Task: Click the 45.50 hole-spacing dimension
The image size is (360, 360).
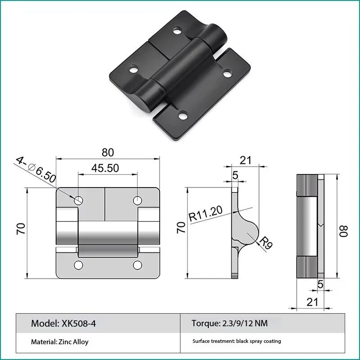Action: (x=105, y=168)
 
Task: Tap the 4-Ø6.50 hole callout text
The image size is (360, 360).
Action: (x=36, y=170)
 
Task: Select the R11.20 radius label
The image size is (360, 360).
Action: (x=206, y=213)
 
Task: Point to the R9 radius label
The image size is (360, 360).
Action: (x=266, y=243)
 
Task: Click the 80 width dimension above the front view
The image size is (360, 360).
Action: (x=108, y=153)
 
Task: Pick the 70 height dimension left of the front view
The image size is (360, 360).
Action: (x=21, y=229)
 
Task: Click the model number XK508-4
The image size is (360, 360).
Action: (x=79, y=324)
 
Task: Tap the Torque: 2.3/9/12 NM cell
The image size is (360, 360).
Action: (x=229, y=323)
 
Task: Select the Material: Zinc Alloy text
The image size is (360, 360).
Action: (x=60, y=342)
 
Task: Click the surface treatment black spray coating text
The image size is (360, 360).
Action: (x=237, y=341)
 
